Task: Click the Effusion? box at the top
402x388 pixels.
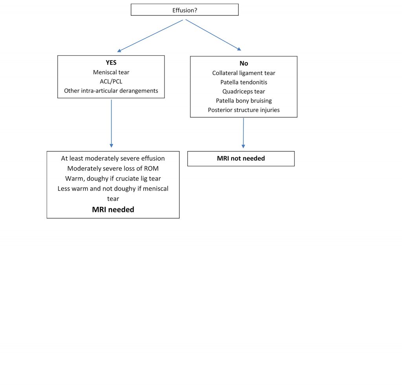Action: [185, 10]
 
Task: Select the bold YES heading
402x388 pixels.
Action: [111, 63]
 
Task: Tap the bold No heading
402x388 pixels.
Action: [243, 63]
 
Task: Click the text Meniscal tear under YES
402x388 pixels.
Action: [111, 72]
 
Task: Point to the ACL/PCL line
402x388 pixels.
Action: [111, 81]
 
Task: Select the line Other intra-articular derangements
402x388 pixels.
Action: [111, 91]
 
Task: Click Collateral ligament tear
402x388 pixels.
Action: [243, 73]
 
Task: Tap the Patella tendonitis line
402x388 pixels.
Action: [243, 82]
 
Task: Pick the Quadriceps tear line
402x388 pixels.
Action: [243, 92]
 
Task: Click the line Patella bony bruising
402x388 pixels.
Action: [243, 101]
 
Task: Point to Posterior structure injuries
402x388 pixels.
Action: [243, 110]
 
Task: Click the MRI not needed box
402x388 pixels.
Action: [241, 158]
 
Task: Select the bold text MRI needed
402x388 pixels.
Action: [113, 210]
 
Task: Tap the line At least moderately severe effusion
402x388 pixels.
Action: [113, 158]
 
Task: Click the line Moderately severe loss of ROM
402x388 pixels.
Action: [113, 168]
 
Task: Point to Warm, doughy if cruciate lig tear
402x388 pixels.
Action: [113, 178]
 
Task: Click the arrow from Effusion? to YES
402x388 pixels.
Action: [150, 36]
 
